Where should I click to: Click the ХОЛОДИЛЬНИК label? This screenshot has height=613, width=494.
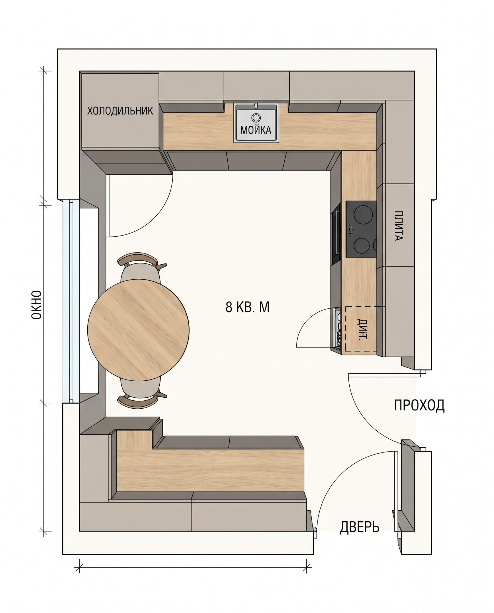(120, 111)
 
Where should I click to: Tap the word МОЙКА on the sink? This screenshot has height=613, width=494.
(256, 130)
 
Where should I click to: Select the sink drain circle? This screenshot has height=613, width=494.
(256, 118)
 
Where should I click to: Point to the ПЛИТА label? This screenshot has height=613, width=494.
(398, 226)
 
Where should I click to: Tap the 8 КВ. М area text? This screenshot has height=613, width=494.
(247, 308)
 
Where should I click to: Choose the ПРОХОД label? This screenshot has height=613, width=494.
(419, 405)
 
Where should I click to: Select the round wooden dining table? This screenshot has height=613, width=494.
(138, 330)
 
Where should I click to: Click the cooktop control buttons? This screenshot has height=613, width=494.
(350, 229)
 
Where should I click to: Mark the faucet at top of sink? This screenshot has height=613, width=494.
(256, 106)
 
